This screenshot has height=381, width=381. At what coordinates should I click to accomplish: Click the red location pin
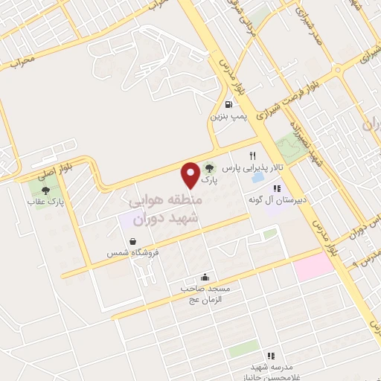tap(190, 174)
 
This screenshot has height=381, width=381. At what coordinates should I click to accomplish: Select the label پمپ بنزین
tap(227, 116)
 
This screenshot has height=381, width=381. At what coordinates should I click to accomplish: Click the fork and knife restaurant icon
tap(254, 157)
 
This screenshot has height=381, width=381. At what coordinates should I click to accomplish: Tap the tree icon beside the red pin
tap(211, 168)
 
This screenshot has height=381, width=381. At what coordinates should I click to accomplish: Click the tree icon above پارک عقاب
tap(46, 191)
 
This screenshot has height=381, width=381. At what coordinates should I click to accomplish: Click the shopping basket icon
tap(132, 241)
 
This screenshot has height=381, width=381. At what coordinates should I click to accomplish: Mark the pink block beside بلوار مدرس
tap(316, 266)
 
